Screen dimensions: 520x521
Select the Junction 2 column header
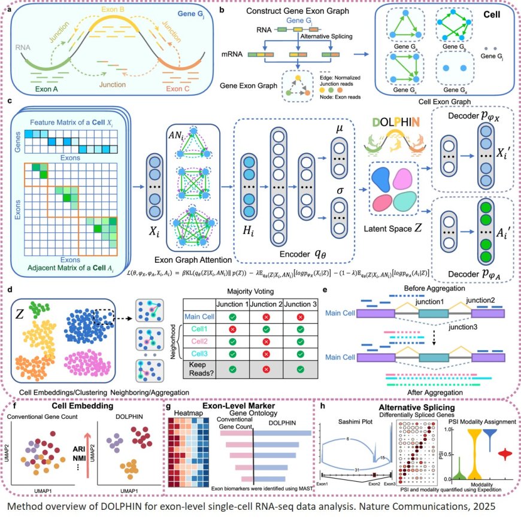click(253, 303)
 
